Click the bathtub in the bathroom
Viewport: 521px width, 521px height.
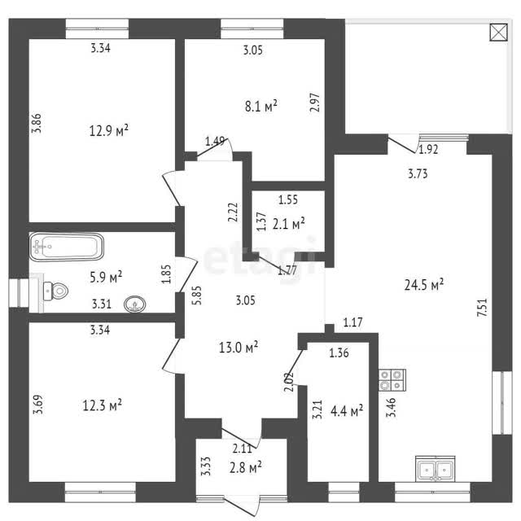click(67, 247)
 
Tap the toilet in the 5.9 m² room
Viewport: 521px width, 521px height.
click(55, 291)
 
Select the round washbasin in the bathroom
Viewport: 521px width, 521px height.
click(134, 304)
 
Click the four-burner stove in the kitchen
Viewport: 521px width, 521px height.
click(392, 380)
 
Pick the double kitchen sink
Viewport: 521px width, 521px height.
click(435, 469)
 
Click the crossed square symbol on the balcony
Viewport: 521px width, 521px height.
click(499, 33)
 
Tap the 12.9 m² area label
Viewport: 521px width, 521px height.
click(108, 130)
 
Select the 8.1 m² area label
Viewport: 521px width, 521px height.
click(260, 107)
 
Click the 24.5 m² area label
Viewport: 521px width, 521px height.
click(424, 285)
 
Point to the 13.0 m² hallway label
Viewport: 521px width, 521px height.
click(239, 348)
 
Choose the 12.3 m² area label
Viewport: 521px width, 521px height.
click(102, 405)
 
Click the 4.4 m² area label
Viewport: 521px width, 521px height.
click(347, 411)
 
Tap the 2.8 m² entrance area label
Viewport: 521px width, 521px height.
click(246, 467)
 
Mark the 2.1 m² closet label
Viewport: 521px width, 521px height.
click(289, 224)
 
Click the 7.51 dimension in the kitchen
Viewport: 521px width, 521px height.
click(482, 308)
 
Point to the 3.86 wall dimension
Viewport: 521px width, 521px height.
click(37, 123)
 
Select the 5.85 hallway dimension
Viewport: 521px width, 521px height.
click(196, 296)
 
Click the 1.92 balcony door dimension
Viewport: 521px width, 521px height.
click(428, 150)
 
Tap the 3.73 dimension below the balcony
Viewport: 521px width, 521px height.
click(418, 173)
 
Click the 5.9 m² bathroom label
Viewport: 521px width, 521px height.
click(106, 277)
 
